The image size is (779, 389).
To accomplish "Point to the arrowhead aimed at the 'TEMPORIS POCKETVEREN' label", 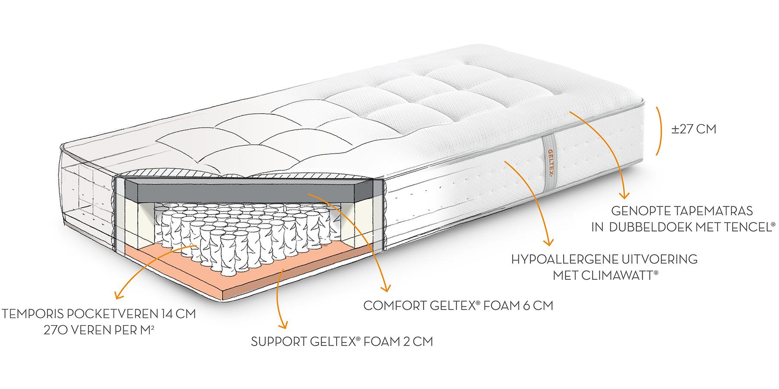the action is [x=117, y=296].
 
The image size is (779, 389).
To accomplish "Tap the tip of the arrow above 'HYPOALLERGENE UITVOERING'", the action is [x=548, y=243].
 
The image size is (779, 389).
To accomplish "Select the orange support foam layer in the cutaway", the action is [x=242, y=272].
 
